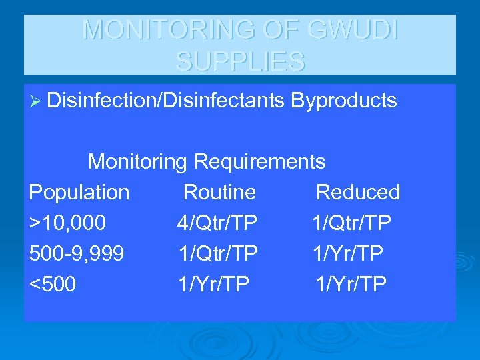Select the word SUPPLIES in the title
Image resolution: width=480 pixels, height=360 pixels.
coord(240,61)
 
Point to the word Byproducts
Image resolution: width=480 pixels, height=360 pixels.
coord(343,101)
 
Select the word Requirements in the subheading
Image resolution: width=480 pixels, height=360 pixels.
coord(259,161)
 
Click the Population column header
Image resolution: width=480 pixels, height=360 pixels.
coord(79,192)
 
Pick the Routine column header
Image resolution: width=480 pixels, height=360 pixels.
coord(219,192)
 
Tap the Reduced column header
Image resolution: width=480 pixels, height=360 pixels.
coord(357,192)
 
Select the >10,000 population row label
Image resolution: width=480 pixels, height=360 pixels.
coord(67,223)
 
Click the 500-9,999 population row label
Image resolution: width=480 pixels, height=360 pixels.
coord(76,254)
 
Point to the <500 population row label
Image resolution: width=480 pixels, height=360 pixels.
coord(53,285)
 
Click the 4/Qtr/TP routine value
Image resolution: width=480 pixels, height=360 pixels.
coord(217,223)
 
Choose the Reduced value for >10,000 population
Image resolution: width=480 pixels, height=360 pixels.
coord(352,223)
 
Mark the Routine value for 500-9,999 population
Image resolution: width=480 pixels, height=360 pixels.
coord(218,254)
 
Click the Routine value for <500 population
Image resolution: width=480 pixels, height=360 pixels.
coord(213,285)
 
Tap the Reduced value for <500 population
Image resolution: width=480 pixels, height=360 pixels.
coord(351,285)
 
